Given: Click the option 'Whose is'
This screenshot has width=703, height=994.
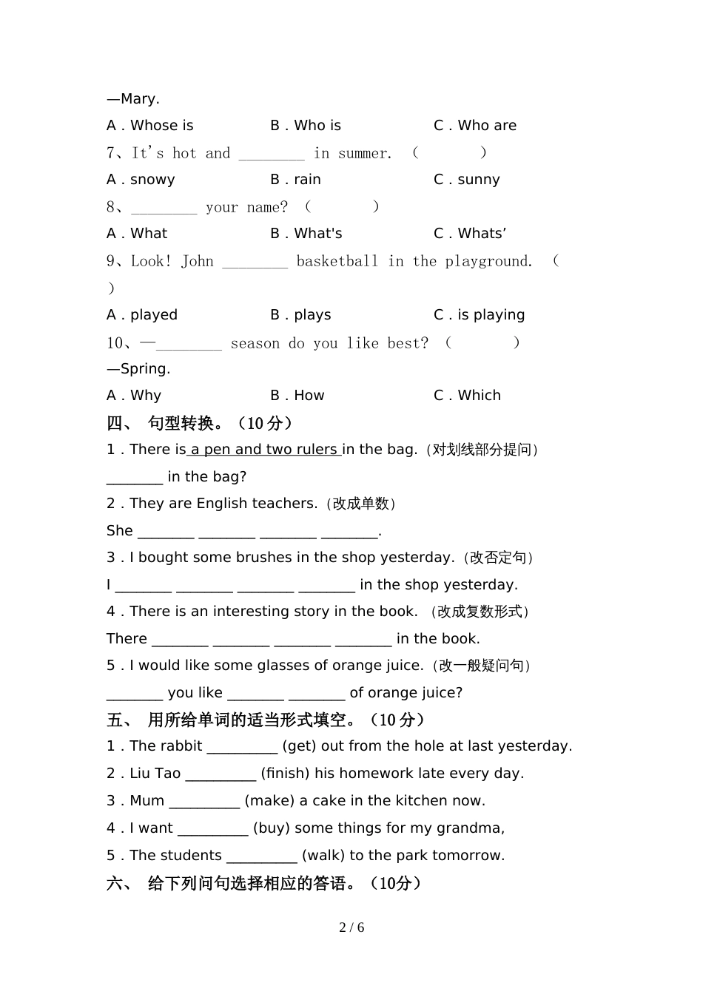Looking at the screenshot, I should [x=161, y=126].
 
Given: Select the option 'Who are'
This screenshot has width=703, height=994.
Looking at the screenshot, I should [x=486, y=126].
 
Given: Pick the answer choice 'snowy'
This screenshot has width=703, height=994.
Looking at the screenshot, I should [x=152, y=180].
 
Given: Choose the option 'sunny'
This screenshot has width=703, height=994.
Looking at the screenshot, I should [x=478, y=180].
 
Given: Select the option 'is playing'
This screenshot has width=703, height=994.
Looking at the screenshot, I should [x=491, y=315].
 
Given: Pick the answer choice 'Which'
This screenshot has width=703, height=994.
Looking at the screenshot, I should [x=479, y=396].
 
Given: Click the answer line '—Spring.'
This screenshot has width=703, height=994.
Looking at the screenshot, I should [x=138, y=369].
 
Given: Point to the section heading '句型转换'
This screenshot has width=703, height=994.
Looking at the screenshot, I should [x=181, y=423].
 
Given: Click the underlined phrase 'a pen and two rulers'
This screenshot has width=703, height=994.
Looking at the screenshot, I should [x=263, y=450].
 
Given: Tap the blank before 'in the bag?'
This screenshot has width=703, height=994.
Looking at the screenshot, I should [x=135, y=478].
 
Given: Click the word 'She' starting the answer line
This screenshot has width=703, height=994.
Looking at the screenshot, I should [x=119, y=531].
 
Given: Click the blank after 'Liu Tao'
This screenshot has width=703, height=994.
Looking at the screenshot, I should [x=221, y=774].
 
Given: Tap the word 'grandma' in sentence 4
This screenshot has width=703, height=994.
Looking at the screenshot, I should [x=474, y=828].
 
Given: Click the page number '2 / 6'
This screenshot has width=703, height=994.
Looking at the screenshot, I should [x=351, y=927].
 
